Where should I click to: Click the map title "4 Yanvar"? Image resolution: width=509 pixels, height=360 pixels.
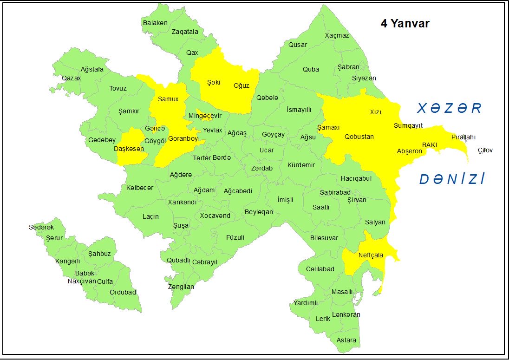[x=405, y=24]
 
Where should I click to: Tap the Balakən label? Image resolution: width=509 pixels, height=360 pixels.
[x=155, y=22]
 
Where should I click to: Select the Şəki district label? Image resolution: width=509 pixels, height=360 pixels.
[x=213, y=82]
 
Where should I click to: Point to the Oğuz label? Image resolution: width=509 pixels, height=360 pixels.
[x=241, y=85]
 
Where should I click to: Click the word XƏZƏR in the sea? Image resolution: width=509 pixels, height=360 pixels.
[x=449, y=109]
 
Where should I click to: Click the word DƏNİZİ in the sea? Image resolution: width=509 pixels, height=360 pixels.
[x=452, y=180]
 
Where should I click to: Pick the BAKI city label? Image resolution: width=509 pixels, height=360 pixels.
[x=430, y=145]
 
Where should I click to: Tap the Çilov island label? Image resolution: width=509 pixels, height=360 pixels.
[x=485, y=150]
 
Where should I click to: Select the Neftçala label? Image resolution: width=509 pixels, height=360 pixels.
[x=371, y=255]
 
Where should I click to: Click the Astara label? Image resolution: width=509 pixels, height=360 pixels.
[x=346, y=340]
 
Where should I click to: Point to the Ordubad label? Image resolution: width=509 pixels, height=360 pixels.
[x=123, y=292]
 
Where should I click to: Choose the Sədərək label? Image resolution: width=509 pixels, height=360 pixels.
[x=41, y=227]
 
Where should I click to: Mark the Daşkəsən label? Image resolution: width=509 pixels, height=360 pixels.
[x=129, y=149]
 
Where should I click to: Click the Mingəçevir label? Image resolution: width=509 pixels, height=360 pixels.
[x=205, y=116]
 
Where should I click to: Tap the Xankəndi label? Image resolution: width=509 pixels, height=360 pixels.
[x=182, y=202]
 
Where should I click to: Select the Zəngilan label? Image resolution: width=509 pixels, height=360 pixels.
[x=181, y=287]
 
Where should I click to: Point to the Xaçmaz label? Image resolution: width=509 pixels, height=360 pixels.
[x=337, y=35]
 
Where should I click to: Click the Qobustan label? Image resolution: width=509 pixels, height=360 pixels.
[x=359, y=137]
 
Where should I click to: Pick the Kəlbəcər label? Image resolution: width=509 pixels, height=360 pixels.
[x=139, y=188]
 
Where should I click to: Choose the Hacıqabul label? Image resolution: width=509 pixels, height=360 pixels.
[x=356, y=178]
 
